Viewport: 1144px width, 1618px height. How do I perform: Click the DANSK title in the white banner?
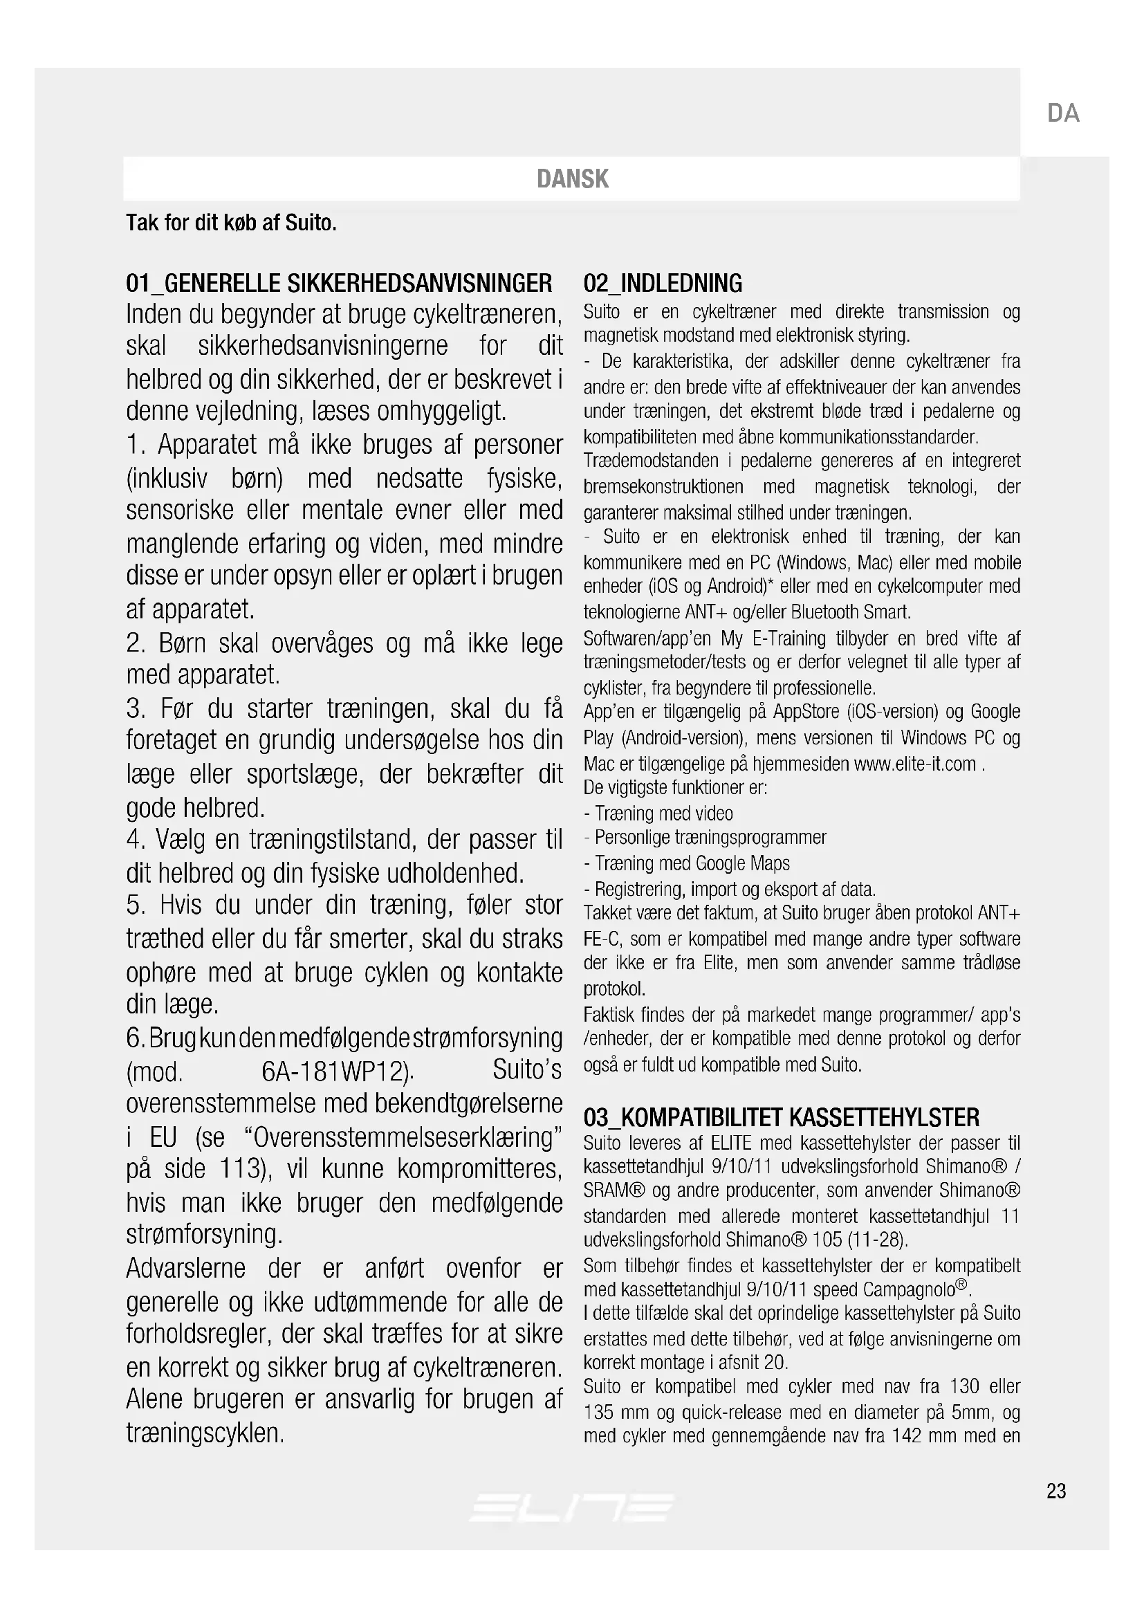[572, 179]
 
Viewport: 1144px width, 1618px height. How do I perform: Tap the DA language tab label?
[1063, 113]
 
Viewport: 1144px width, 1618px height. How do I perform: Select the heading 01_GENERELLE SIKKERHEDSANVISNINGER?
[339, 284]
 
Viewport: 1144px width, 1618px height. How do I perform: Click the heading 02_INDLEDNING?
[662, 284]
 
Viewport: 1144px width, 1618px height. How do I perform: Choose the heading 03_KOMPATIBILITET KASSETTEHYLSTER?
[781, 1117]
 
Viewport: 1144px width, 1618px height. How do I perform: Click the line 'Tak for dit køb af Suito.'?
[231, 223]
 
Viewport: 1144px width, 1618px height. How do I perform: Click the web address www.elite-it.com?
[914, 764]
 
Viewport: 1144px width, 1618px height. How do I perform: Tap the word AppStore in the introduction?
[806, 712]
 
